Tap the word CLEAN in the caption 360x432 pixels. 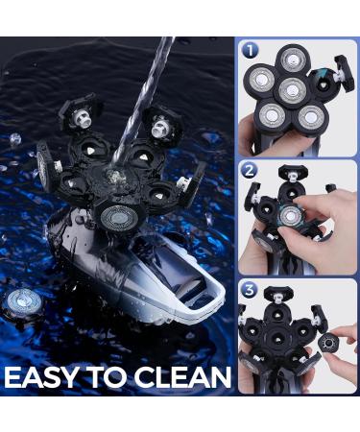point(182,377)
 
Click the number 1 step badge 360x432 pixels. point(251,51)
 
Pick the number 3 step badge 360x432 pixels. point(250,290)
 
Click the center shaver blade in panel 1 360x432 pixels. point(292,90)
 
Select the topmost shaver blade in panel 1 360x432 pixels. point(294,60)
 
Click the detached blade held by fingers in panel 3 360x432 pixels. point(328,344)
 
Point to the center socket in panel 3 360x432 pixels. point(277,339)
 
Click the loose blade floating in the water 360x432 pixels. point(23,301)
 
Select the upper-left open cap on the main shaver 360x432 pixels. point(82,112)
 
